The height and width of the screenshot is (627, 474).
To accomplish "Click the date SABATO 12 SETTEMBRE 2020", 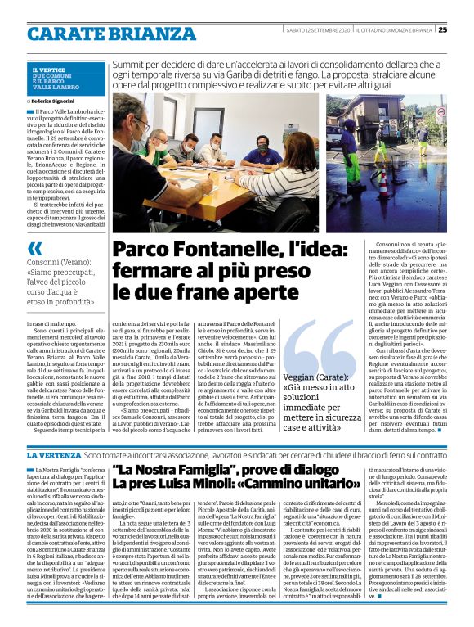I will (x=316, y=30).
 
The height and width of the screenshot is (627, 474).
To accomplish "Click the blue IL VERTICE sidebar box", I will (x=65, y=79).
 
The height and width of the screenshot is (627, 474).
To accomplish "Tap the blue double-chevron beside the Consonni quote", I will (x=35, y=248).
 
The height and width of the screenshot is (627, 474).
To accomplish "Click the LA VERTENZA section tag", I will (x=55, y=454).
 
